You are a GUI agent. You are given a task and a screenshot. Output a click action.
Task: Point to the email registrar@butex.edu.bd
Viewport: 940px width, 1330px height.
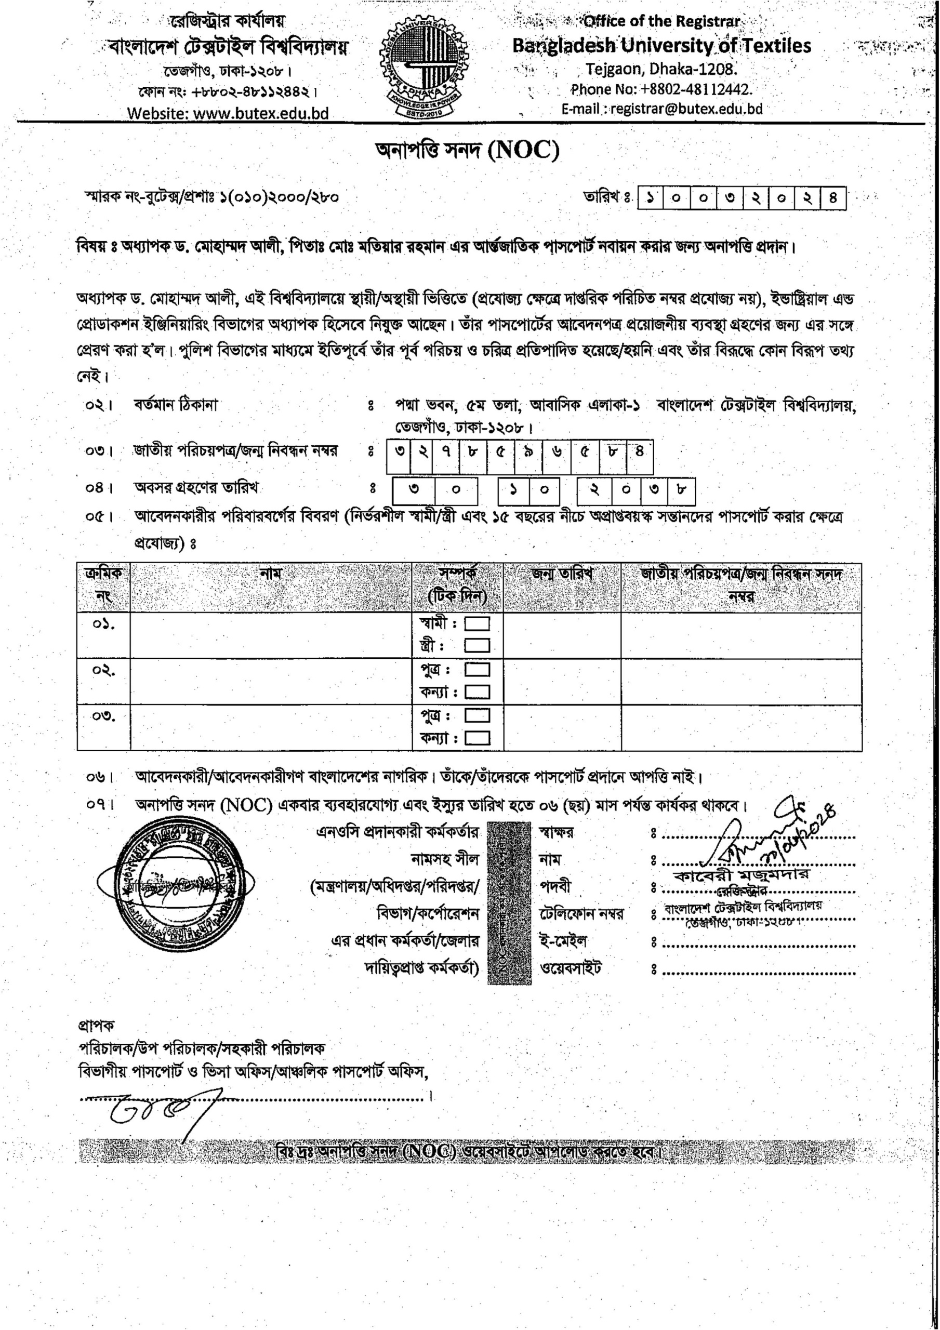click(662, 109)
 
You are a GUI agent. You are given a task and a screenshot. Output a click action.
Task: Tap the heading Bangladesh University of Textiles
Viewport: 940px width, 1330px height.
click(661, 46)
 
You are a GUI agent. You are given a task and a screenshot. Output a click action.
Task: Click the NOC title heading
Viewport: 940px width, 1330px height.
click(468, 151)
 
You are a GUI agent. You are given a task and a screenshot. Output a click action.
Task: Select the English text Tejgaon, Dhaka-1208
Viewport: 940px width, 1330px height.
click(660, 70)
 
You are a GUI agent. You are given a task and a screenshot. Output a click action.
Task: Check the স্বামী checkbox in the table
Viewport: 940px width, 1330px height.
click(478, 624)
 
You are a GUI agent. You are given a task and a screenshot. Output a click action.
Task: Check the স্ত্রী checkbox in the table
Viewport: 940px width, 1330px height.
click(478, 646)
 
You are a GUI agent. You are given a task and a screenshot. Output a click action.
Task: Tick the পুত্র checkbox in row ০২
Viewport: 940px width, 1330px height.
click(478, 670)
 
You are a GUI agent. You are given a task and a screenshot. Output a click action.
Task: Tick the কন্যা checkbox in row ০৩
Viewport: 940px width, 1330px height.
click(478, 739)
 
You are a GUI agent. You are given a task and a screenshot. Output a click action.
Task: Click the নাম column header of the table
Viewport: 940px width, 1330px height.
click(271, 574)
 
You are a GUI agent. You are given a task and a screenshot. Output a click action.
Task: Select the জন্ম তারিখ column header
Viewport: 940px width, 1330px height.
click(562, 574)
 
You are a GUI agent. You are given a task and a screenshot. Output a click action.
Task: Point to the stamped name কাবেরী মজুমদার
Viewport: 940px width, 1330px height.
click(742, 874)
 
